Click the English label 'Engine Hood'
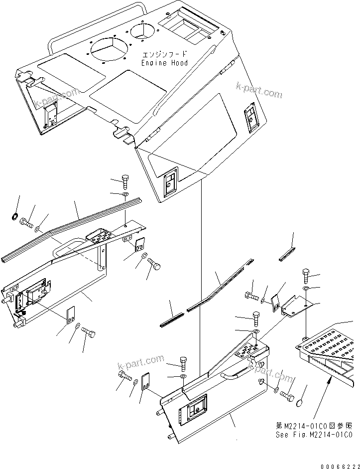[164, 63]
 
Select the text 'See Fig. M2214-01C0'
[315, 435]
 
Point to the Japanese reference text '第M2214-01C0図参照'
[315, 426]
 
